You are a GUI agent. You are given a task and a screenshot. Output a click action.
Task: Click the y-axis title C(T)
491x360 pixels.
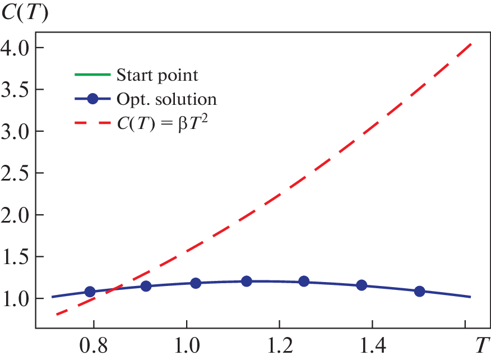pos(24,12)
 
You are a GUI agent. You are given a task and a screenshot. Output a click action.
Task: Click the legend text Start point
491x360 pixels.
pos(158,75)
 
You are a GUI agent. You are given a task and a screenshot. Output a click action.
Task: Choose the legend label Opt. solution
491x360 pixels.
pos(166,100)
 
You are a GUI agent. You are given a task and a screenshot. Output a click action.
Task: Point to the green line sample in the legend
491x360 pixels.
pos(92,75)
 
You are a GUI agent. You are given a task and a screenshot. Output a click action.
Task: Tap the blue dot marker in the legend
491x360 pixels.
pos(93,100)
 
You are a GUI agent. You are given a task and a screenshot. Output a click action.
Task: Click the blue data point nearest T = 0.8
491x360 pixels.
pos(89,292)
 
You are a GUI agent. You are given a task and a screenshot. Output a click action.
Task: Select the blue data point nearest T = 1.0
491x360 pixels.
pos(196,283)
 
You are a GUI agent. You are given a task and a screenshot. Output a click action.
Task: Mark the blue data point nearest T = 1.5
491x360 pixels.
pos(419,291)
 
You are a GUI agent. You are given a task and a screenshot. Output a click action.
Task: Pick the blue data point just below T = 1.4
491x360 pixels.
pos(362,285)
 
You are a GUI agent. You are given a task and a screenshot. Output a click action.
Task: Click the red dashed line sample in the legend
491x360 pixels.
pos(92,124)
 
